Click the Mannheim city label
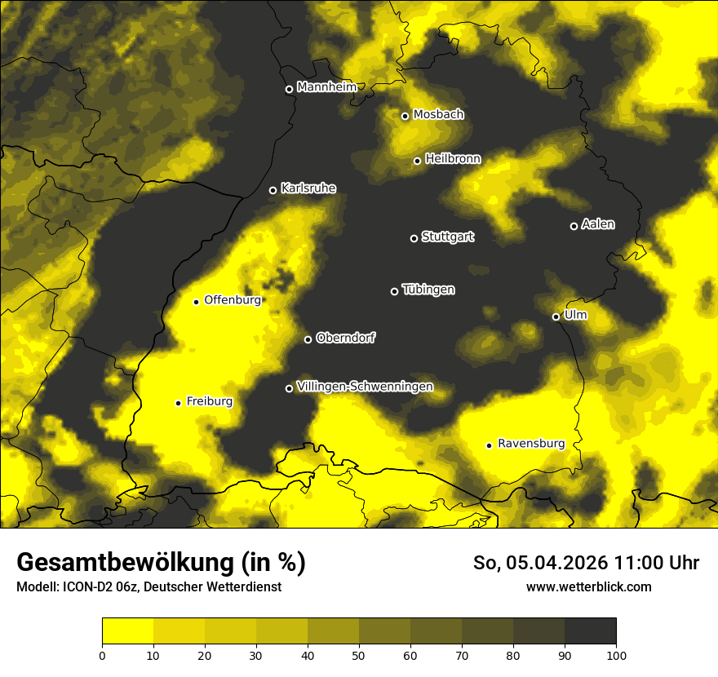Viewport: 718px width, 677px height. tap(326, 87)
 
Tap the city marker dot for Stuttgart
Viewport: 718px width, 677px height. tap(414, 238)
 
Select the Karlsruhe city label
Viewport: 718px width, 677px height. tap(308, 188)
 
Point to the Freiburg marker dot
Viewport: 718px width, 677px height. tap(178, 403)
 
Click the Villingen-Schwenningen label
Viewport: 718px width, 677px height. tap(365, 387)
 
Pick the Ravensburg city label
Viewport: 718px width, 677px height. tap(530, 444)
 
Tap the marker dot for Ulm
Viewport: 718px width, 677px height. tap(556, 316)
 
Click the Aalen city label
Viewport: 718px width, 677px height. tap(598, 224)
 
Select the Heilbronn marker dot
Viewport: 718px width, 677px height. tap(417, 161)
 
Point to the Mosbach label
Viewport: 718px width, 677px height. tap(438, 114)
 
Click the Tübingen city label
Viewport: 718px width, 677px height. tap(428, 290)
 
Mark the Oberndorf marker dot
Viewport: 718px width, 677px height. tap(308, 339)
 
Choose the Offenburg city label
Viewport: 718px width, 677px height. tap(233, 300)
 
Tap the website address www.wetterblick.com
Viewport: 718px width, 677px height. tap(589, 586)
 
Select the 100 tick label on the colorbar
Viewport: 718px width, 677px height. tap(616, 654)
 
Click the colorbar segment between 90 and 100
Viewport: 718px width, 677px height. tap(590, 631)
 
